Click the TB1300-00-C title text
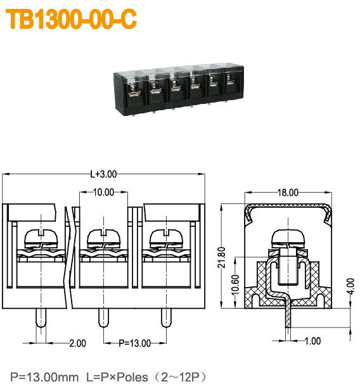point(72,20)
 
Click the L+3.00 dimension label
point(103,174)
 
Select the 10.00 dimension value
point(103,192)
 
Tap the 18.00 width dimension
point(288,193)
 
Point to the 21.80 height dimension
point(221,257)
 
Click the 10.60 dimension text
point(236,281)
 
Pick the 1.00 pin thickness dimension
point(312,342)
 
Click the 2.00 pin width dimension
point(77,343)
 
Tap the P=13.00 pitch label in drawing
point(135,343)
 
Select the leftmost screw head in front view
point(41,238)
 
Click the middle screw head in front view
point(103,238)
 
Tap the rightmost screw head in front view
point(166,238)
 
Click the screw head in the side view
point(288,239)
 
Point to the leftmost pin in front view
point(41,318)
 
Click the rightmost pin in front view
point(166,318)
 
